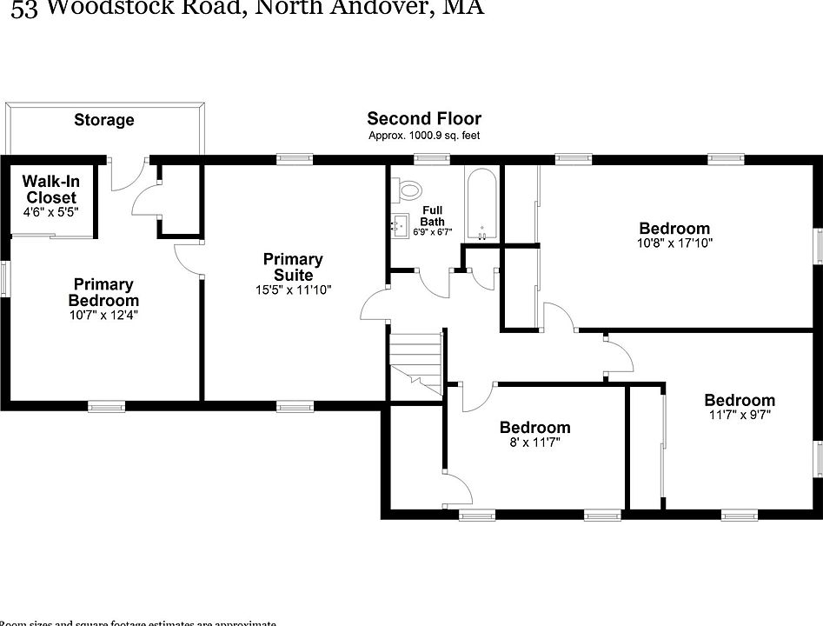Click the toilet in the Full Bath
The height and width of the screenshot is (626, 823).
(x=408, y=189)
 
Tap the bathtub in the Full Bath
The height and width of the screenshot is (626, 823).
(x=481, y=204)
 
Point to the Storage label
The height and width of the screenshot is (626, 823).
(x=104, y=120)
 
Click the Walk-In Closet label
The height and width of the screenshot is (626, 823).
(x=51, y=189)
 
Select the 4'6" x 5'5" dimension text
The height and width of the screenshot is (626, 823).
(x=51, y=211)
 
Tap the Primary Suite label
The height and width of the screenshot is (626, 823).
(x=293, y=267)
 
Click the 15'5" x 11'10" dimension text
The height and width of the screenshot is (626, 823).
(x=293, y=290)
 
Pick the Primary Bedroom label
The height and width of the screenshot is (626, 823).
(x=103, y=292)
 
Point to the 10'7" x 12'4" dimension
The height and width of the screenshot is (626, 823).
(x=103, y=315)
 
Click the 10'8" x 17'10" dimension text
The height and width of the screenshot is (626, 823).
(x=674, y=243)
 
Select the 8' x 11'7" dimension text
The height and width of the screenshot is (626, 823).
(x=534, y=443)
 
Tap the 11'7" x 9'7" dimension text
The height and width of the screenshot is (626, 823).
(x=739, y=415)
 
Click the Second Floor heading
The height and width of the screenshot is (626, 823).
(x=424, y=118)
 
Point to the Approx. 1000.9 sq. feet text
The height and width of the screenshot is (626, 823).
(x=424, y=136)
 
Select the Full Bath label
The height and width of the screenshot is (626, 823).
(x=433, y=216)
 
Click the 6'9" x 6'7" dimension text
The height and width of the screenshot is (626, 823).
(x=433, y=232)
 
